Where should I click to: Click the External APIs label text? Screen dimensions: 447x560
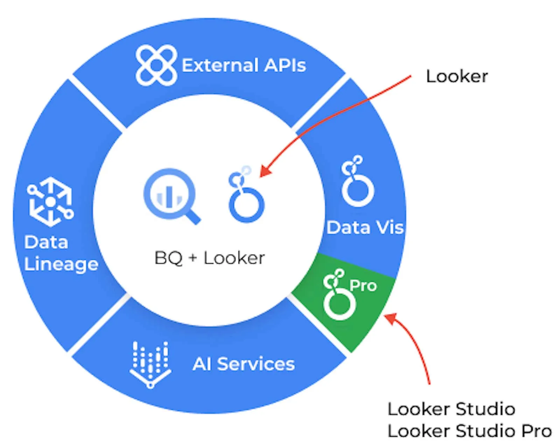(244, 65)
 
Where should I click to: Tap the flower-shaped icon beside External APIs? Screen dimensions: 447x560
(156, 65)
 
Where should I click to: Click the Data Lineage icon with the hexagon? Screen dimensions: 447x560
(50, 202)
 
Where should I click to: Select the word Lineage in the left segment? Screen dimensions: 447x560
(61, 264)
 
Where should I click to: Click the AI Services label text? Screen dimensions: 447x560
(244, 364)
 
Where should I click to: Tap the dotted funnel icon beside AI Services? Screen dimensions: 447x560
(150, 364)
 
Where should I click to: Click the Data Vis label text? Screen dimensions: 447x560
(365, 228)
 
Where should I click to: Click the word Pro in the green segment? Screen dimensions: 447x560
(363, 286)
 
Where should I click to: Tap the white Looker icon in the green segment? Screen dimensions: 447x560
(338, 296)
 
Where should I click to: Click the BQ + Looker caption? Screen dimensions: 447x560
(209, 258)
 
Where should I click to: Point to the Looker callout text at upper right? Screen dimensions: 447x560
(456, 76)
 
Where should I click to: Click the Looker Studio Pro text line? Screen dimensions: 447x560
(469, 431)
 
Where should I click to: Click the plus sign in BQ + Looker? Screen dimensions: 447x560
(192, 258)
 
